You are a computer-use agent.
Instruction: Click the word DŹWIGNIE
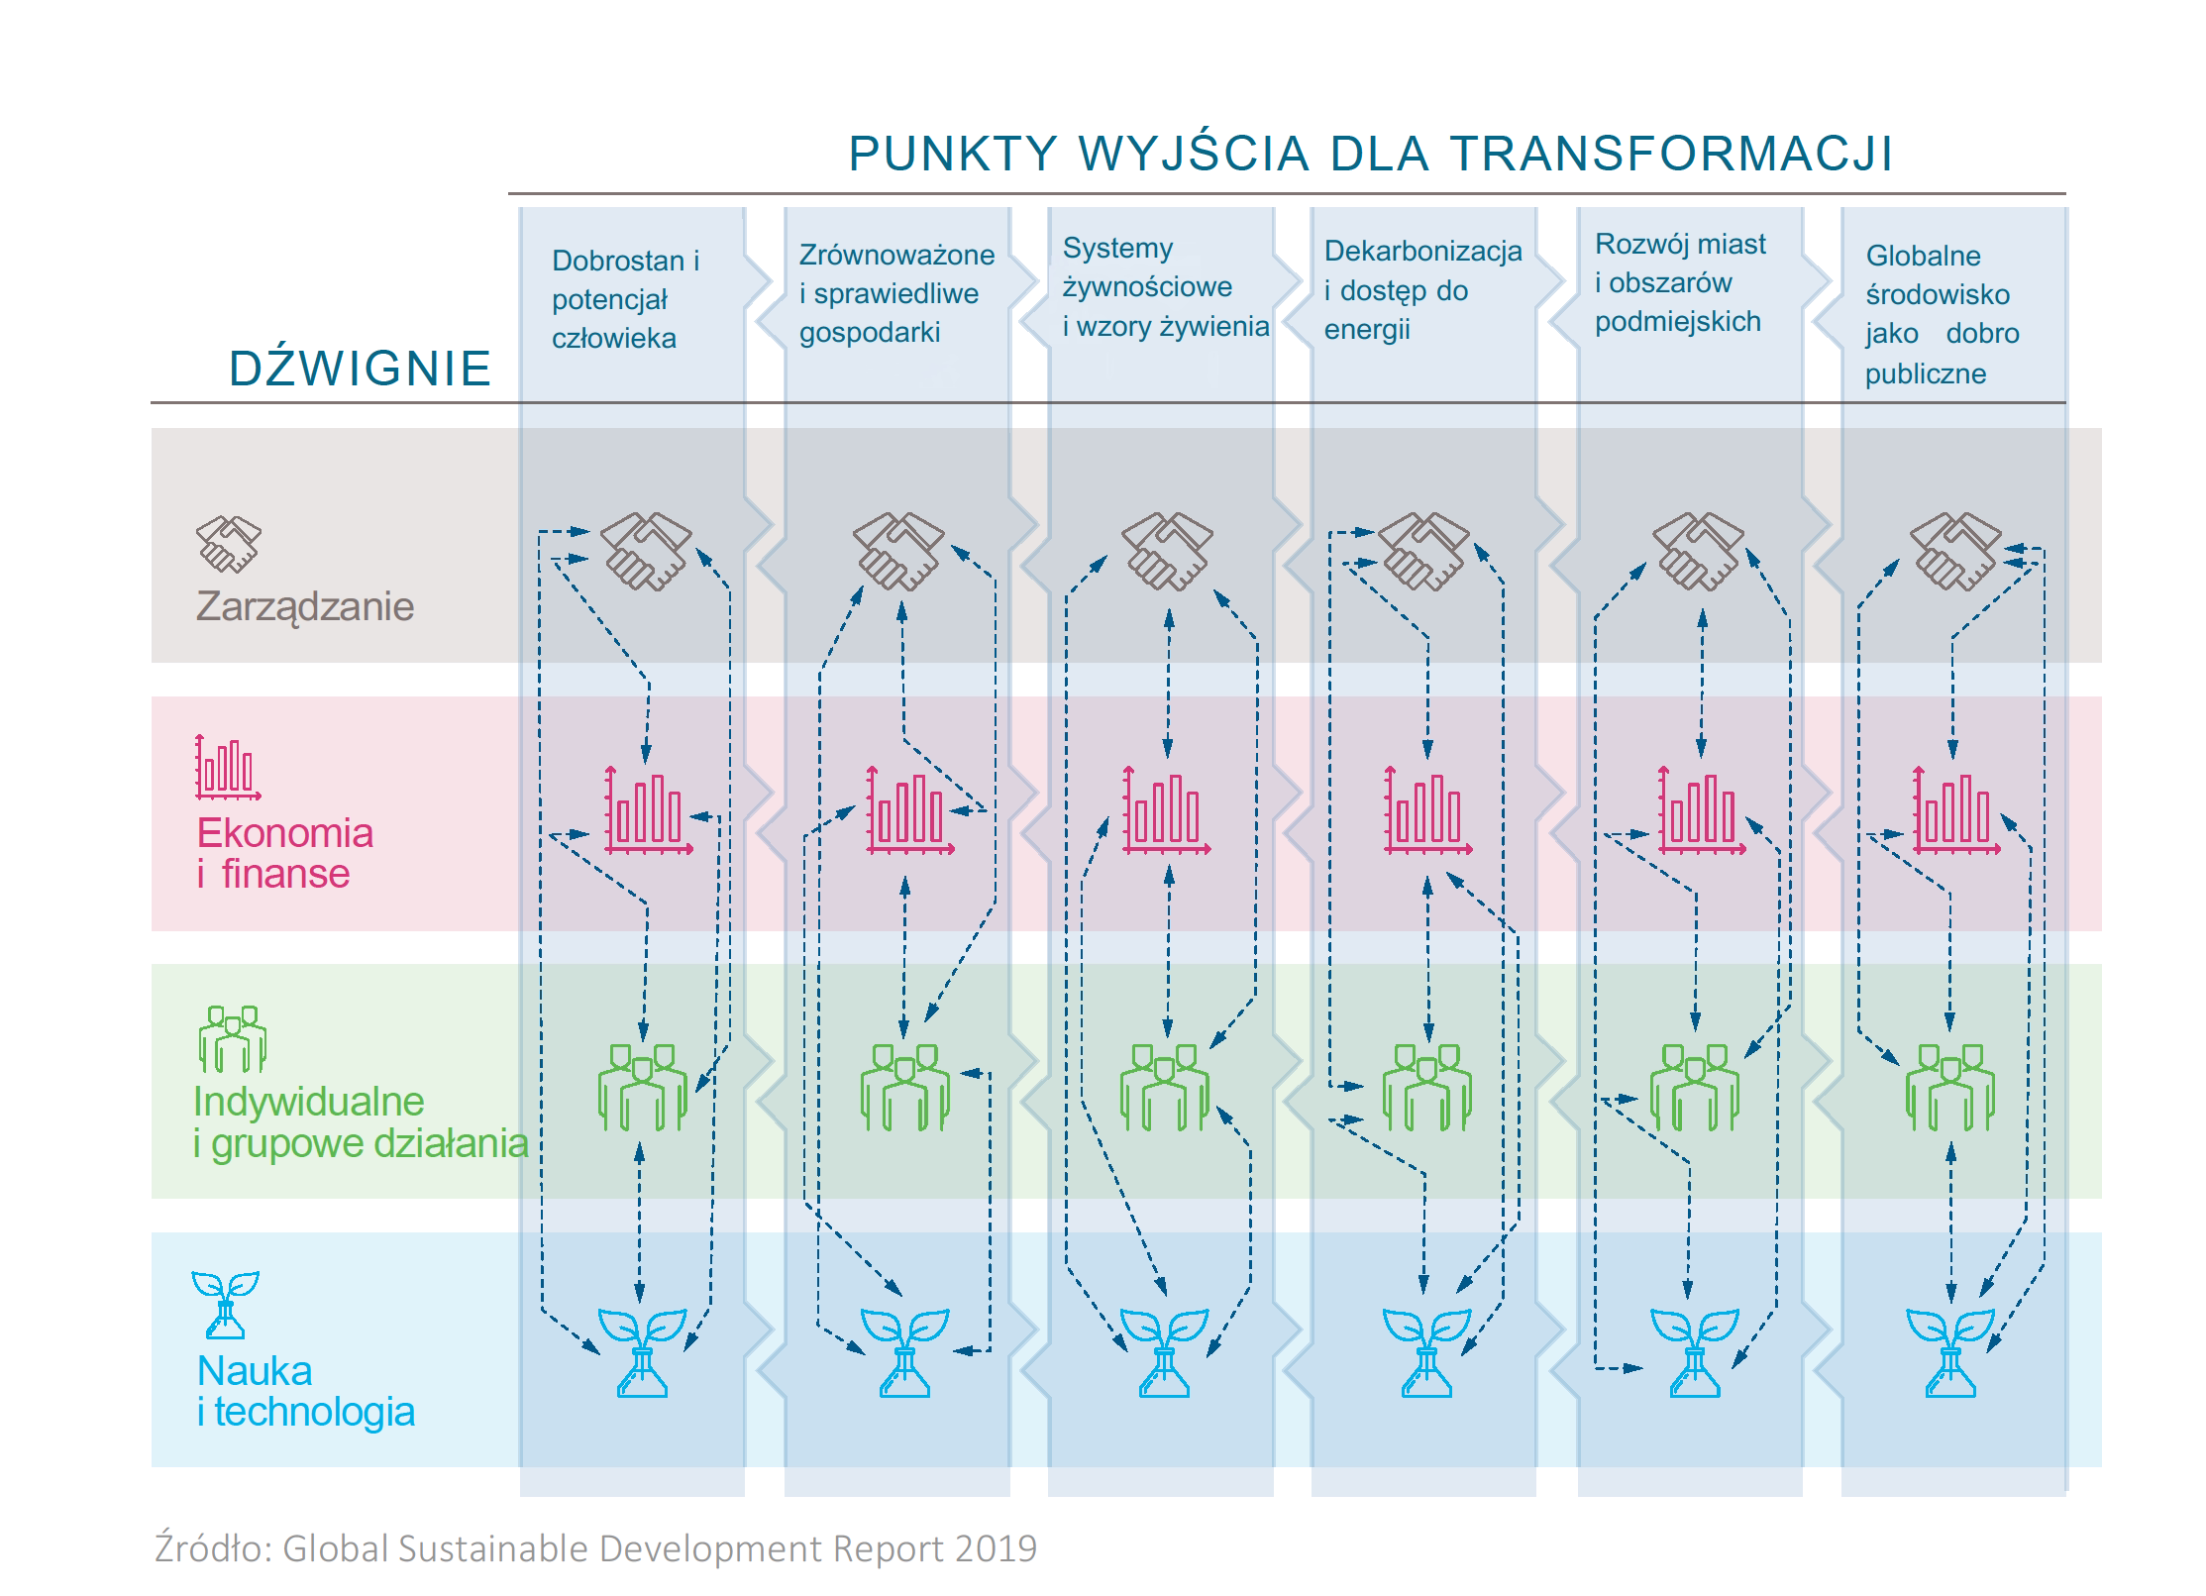tap(360, 369)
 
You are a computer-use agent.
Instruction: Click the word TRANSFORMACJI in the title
tap(1671, 155)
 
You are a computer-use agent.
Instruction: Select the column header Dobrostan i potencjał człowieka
tap(625, 299)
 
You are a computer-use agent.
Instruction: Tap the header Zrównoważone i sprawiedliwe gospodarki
tap(895, 293)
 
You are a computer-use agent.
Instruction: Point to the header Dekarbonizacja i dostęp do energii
tap(1421, 290)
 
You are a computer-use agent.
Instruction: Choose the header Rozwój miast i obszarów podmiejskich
tap(1679, 283)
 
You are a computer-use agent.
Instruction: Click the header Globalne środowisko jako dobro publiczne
tap(1941, 314)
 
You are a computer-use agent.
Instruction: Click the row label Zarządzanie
tap(304, 606)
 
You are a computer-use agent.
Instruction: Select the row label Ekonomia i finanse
tap(284, 853)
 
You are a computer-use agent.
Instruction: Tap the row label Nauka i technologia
tap(304, 1391)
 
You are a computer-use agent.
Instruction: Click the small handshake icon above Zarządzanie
tap(229, 544)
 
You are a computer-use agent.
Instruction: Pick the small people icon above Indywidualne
tap(232, 1038)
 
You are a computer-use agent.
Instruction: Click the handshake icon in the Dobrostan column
tap(647, 551)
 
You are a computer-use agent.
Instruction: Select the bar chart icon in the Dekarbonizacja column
tap(1427, 810)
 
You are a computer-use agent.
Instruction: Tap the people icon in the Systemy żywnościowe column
tap(1165, 1088)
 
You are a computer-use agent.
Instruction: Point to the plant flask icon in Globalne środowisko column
tap(1950, 1352)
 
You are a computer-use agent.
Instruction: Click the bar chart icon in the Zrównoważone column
tap(908, 810)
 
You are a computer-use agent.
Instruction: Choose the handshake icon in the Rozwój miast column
tap(1698, 551)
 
